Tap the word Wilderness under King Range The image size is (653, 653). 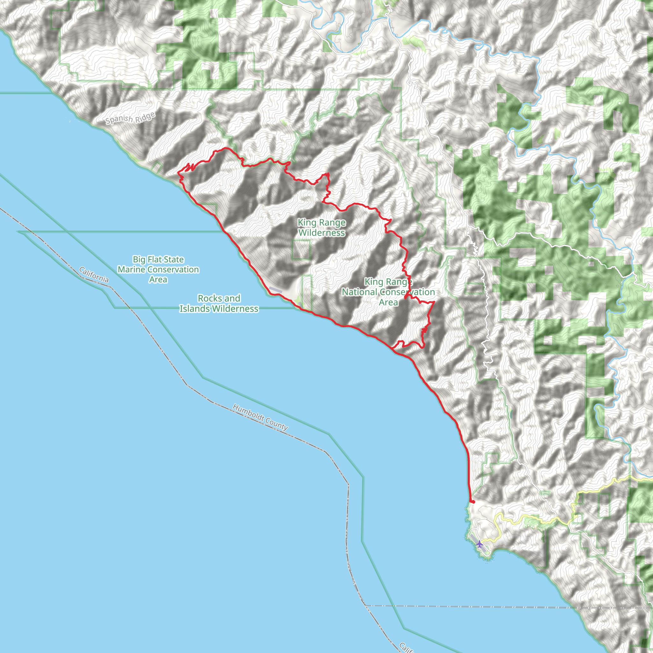click(x=322, y=233)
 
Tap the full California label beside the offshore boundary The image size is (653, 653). click(x=94, y=275)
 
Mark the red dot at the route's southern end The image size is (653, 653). click(x=473, y=502)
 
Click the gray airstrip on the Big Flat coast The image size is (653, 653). click(x=275, y=290)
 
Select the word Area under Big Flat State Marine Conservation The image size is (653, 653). click(x=158, y=280)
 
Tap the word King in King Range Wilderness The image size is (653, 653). click(x=306, y=223)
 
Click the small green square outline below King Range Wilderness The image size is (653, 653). click(x=301, y=250)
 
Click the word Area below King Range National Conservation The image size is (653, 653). click(x=388, y=302)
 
